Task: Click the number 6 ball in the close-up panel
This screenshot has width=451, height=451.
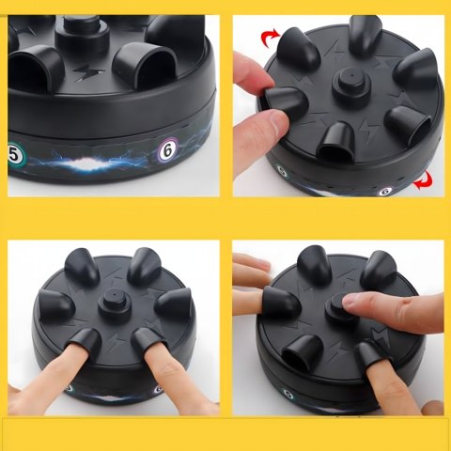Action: pyautogui.click(x=168, y=151)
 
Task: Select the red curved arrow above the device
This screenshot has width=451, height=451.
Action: pyautogui.click(x=270, y=38)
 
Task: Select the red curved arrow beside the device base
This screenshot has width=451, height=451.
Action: pyautogui.click(x=423, y=180)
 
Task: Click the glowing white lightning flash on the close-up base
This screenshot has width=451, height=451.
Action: pyautogui.click(x=88, y=163)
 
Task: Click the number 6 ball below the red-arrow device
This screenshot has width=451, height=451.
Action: pyautogui.click(x=386, y=191)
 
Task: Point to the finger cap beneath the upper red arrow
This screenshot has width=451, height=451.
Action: pyautogui.click(x=298, y=47)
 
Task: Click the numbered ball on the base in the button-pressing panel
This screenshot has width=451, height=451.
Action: pyautogui.click(x=288, y=394)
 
